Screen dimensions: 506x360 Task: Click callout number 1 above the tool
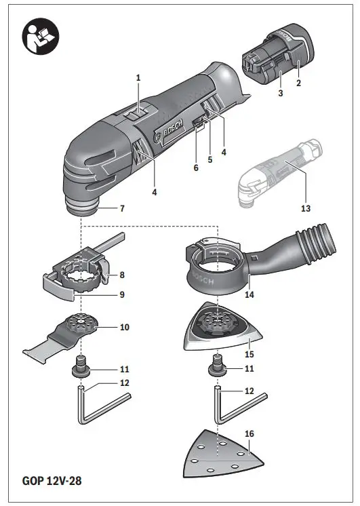138,79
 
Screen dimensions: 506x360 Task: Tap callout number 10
123,326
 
